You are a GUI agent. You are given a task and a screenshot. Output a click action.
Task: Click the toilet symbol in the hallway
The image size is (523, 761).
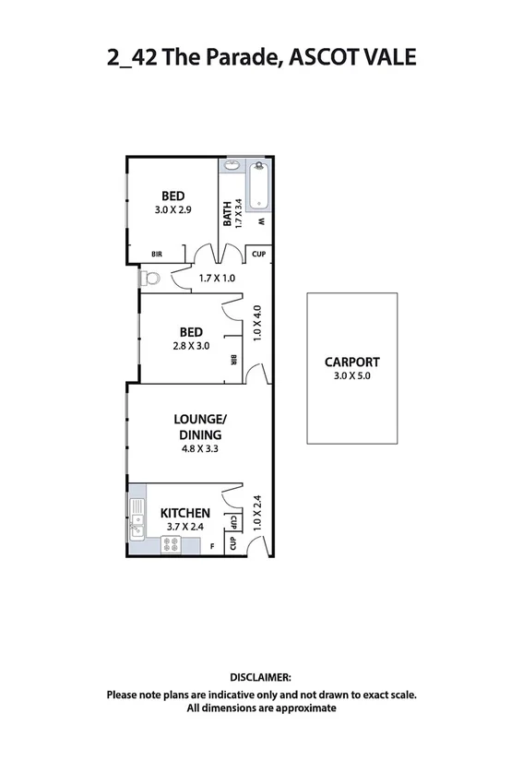tap(150, 277)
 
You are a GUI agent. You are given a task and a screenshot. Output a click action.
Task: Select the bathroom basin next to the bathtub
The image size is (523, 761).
tap(232, 167)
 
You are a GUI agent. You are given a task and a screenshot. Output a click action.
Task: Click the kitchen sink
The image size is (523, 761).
tap(137, 518)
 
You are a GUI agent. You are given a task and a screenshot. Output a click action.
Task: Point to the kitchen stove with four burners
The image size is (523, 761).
tap(172, 545)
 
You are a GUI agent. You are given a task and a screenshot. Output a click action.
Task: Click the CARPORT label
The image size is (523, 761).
tap(351, 363)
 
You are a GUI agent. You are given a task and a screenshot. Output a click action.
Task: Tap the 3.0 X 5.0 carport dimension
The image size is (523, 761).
tap(351, 376)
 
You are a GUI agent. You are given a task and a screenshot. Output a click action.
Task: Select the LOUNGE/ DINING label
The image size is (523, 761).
tap(199, 427)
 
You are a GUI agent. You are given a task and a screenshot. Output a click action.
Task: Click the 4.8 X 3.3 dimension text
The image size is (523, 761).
tap(199, 450)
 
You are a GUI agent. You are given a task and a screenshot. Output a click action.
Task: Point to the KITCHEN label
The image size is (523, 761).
tap(185, 513)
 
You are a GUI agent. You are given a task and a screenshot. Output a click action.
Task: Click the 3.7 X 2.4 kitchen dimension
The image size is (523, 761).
tap(185, 527)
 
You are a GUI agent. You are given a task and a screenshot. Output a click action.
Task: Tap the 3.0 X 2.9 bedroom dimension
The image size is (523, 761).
tap(173, 210)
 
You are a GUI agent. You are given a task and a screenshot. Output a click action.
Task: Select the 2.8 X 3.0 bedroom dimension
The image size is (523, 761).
tap(191, 347)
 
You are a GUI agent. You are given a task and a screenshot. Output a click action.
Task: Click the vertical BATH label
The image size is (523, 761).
tap(228, 214)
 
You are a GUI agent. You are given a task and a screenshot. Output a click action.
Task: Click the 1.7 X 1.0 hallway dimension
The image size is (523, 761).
tap(218, 278)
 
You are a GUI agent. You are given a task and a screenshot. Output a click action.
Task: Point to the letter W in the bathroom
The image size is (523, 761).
tap(261, 222)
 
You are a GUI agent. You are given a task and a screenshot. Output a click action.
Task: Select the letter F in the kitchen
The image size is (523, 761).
tap(212, 547)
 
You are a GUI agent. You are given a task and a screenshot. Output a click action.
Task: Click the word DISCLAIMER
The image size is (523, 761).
tap(261, 677)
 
